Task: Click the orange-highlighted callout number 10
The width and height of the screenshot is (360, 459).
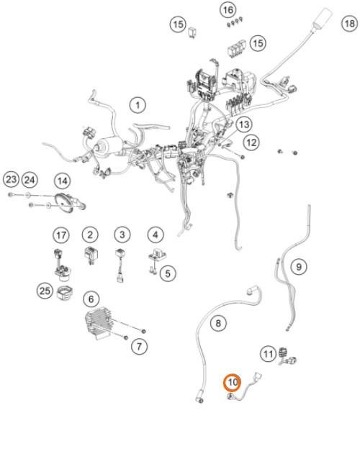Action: [233, 382]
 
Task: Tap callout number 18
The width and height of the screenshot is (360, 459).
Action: [350, 23]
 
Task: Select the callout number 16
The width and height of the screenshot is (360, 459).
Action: [228, 10]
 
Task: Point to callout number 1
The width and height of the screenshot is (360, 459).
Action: [138, 105]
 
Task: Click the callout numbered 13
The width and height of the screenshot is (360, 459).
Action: [243, 124]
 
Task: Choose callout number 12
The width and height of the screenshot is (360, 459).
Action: [251, 142]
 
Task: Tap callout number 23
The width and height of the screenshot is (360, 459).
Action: [11, 179]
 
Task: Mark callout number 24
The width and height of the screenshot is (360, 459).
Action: [30, 179]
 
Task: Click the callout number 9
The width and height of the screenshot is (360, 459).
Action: [299, 267]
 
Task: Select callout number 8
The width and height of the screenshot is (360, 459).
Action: [218, 323]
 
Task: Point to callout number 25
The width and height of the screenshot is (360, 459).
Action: [45, 291]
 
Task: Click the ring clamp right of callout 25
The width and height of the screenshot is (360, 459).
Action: [65, 294]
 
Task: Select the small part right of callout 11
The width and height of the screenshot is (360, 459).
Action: [287, 356]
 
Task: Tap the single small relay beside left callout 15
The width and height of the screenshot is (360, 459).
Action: [192, 32]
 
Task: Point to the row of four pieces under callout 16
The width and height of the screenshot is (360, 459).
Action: [235, 22]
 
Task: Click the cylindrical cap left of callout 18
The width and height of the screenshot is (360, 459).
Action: [323, 17]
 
